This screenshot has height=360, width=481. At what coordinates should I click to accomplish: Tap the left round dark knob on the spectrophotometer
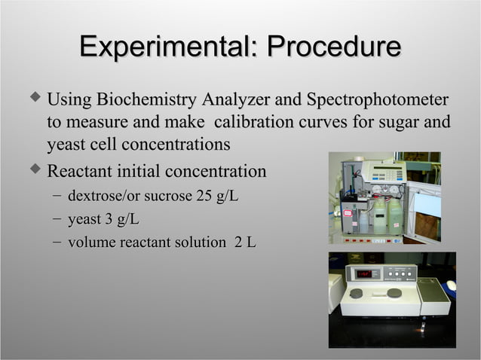(x=357, y=293)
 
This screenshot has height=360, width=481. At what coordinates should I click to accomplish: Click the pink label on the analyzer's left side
(x=348, y=213)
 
